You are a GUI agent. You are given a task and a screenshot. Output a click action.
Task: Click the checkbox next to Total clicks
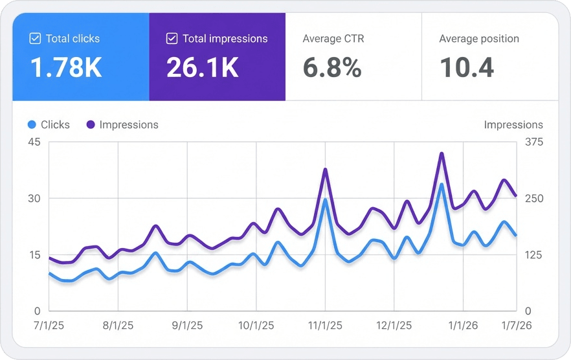click(36, 39)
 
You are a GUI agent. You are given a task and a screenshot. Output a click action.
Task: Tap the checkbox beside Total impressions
click(172, 39)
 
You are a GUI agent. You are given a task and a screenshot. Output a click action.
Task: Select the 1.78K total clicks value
click(66, 67)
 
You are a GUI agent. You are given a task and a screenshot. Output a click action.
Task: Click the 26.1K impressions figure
click(203, 67)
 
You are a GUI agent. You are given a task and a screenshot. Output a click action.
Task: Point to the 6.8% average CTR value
click(332, 67)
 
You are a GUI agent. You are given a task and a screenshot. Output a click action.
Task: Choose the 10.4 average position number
click(467, 67)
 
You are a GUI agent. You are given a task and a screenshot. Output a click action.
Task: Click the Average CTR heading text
click(333, 39)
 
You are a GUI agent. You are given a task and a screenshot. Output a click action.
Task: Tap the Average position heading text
click(478, 39)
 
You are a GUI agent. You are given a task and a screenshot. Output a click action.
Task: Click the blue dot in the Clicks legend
click(32, 124)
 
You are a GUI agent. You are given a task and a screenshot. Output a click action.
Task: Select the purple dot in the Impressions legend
click(90, 124)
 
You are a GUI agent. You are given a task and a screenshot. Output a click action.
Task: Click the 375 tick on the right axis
click(533, 142)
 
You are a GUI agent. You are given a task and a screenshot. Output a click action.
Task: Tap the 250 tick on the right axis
click(533, 199)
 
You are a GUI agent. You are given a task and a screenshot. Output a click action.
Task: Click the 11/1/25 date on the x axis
click(325, 325)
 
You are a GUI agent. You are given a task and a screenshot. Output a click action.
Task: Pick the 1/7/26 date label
click(515, 325)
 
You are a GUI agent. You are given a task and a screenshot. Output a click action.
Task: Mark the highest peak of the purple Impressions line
click(442, 153)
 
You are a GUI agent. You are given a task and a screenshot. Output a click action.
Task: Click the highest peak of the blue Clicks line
click(442, 185)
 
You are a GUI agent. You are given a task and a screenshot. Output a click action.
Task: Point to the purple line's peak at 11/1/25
click(325, 169)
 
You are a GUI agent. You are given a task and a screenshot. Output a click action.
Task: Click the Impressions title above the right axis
click(513, 124)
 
